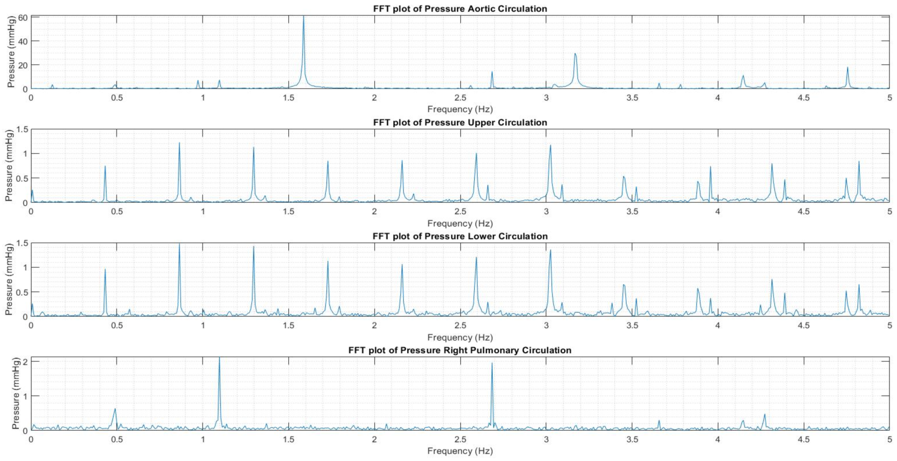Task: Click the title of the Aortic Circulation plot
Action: coord(460,9)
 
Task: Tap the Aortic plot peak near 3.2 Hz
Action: coord(575,54)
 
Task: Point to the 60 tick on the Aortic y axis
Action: coord(22,18)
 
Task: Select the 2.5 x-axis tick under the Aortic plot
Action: coord(460,98)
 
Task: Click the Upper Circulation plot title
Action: coord(460,122)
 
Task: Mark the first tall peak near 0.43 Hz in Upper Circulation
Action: coord(105,167)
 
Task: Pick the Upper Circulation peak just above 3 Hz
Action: coord(550,146)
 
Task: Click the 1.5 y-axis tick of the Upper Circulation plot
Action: coord(22,129)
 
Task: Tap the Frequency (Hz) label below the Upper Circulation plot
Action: coord(460,223)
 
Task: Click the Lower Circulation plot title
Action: coord(460,236)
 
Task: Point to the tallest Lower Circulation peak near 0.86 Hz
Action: coord(179,245)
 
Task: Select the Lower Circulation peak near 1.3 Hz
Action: coord(253,248)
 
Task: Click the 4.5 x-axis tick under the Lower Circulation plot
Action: coord(803,326)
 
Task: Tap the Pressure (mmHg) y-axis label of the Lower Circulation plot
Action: coord(9,279)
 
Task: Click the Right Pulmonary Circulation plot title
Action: coord(460,350)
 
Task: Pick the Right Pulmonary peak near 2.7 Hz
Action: coord(492,364)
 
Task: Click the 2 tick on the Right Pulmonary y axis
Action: coord(25,362)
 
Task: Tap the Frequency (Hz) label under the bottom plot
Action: coord(460,451)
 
